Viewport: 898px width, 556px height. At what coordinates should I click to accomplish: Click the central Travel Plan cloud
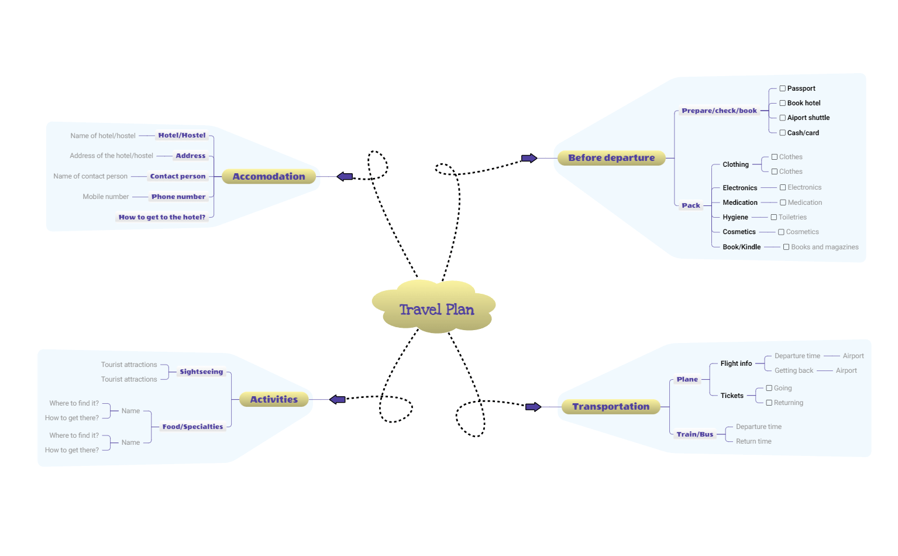coord(436,308)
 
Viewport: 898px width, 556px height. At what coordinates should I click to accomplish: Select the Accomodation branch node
coord(269,176)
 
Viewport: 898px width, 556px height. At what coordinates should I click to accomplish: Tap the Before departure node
coord(611,158)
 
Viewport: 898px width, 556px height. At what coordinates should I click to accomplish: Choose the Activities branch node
coord(274,399)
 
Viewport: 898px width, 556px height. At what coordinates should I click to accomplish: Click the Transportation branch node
coord(611,406)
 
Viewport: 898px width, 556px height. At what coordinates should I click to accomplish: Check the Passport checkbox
coord(782,88)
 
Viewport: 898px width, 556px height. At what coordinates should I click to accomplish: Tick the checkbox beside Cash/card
coord(782,133)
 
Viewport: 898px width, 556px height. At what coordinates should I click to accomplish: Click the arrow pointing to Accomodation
coord(345,176)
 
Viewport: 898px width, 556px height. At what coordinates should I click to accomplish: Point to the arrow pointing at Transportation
coord(533,407)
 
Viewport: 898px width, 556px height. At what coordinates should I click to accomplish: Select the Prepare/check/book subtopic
coord(719,111)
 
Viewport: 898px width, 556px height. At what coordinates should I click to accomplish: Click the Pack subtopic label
coord(690,205)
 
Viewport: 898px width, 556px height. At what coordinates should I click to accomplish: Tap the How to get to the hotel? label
coord(162,217)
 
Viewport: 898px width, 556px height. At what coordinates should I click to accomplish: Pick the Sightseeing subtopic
coord(201,372)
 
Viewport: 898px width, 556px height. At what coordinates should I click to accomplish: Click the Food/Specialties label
coord(192,427)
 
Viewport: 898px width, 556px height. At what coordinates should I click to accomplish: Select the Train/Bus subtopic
coord(695,434)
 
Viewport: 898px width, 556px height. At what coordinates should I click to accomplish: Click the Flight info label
coord(736,363)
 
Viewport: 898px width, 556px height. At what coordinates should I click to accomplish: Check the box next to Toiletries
coord(773,217)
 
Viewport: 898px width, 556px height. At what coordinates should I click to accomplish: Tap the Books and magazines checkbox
coord(786,247)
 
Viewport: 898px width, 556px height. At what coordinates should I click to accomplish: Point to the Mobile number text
coord(106,197)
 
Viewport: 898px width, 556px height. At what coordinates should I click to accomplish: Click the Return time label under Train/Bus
coord(754,441)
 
